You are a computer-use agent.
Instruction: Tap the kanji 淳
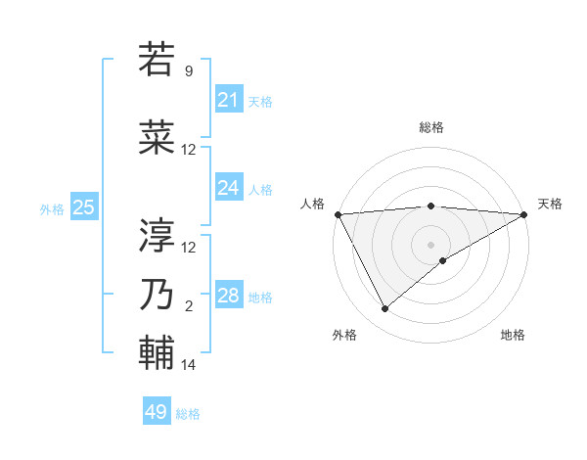(158, 234)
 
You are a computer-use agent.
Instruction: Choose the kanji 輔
(158, 351)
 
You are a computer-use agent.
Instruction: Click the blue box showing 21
(229, 100)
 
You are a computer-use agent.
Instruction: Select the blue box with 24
(229, 188)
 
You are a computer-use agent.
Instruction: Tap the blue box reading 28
(229, 296)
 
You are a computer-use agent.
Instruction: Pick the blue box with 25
(84, 207)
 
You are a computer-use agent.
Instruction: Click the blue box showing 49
(157, 412)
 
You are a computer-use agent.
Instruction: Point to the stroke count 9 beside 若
(189, 71)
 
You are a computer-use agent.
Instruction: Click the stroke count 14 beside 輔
(189, 365)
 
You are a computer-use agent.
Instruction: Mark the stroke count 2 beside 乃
(189, 306)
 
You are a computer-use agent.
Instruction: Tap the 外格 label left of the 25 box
(52, 208)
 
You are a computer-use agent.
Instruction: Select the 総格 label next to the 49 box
(188, 414)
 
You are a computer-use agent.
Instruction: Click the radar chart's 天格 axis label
(550, 204)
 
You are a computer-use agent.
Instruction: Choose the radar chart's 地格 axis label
(513, 335)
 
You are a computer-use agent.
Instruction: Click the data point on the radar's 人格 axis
(338, 214)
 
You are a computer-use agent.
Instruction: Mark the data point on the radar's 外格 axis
(384, 309)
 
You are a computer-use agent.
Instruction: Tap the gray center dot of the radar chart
(430, 243)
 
